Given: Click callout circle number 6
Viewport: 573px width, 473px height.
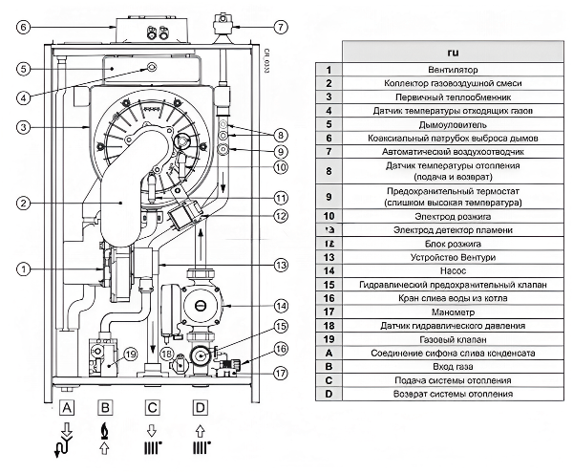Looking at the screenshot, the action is pos(23,27).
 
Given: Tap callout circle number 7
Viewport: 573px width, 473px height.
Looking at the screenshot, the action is pos(280,27).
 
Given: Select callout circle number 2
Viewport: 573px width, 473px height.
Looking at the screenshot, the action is pos(23,203).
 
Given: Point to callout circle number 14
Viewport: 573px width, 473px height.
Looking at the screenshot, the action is pos(281,306).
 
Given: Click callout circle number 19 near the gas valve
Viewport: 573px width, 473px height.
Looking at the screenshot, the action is pos(131,354).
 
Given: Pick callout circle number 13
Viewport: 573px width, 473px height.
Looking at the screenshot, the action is pos(281,265).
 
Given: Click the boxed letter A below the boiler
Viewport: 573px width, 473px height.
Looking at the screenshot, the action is pos(67,407).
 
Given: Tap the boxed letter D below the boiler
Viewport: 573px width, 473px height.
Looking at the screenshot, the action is pos(200,407).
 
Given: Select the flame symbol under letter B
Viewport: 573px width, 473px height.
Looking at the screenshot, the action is pos(104,431).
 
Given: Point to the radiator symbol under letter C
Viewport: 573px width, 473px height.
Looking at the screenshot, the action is pos(153,448).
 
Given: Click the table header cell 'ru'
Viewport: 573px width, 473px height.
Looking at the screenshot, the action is pos(453,52).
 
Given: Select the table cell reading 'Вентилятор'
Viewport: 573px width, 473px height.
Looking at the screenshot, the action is pos(453,70).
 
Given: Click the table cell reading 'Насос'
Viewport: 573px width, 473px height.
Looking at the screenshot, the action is pos(453,270).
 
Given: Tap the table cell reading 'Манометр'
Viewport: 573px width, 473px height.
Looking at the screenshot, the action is pos(453,312).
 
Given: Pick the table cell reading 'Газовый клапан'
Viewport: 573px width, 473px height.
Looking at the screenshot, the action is pos(453,339).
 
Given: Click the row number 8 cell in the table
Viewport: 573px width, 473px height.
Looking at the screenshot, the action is pos(329,171).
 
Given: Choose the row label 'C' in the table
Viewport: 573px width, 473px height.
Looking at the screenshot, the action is pos(329,380).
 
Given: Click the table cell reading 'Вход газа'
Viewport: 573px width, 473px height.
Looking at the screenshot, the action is pos(453,366).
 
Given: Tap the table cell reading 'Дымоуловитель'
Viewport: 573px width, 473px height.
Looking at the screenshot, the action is pos(453,124).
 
